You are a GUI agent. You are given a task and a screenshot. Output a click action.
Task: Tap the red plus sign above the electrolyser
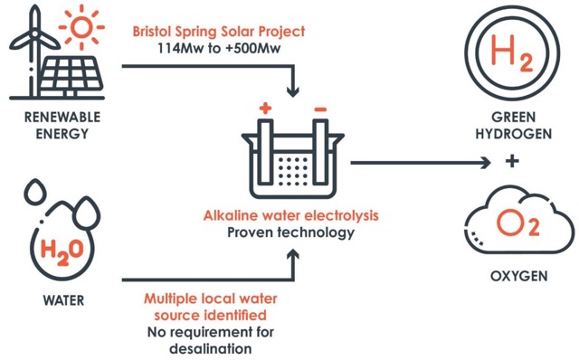click(x=265, y=109)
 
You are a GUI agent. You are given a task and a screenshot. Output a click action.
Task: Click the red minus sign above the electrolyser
click(x=319, y=109)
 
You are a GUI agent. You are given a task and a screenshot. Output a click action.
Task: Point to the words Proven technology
click(x=291, y=232)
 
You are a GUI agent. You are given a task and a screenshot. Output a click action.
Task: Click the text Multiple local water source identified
click(x=206, y=307)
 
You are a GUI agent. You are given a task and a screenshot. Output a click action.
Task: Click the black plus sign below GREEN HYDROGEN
click(x=513, y=162)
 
